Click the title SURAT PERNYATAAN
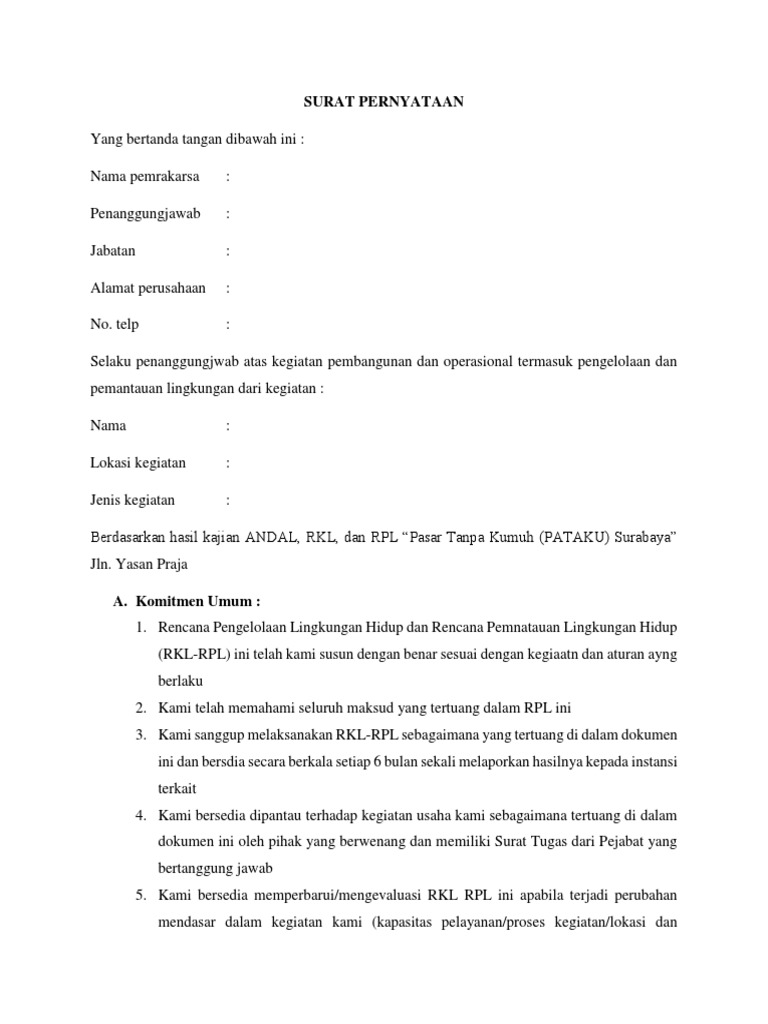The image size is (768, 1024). (x=383, y=102)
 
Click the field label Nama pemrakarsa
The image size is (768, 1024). (x=144, y=177)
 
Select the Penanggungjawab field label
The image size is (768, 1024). (x=145, y=214)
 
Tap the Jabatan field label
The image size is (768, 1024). (x=113, y=251)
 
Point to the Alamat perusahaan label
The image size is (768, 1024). (x=148, y=288)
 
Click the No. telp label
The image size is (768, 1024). (x=115, y=324)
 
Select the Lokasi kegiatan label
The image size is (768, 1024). (x=138, y=463)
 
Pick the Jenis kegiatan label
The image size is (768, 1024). (x=133, y=500)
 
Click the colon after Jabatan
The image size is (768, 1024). (x=228, y=251)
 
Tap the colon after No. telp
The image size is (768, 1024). (x=228, y=324)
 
